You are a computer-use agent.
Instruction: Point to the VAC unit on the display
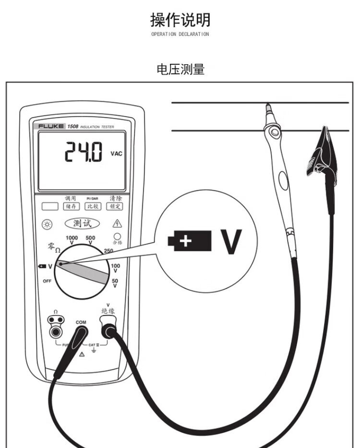point(116,153)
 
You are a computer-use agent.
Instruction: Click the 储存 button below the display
point(70,206)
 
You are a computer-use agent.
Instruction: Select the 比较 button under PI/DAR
point(92,206)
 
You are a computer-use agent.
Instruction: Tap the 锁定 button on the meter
point(115,206)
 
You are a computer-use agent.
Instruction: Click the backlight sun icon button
point(47,224)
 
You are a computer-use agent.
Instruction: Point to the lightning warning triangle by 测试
point(117,223)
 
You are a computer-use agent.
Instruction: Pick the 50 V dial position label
point(115,283)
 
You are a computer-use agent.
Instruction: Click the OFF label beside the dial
point(47,281)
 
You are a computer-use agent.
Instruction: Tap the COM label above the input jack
point(81,322)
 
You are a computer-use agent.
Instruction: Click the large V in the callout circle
point(231,241)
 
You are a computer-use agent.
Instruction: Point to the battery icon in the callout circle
point(190,241)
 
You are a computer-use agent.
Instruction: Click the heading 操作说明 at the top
point(180,20)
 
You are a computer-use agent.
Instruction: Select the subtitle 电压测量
point(180,69)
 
